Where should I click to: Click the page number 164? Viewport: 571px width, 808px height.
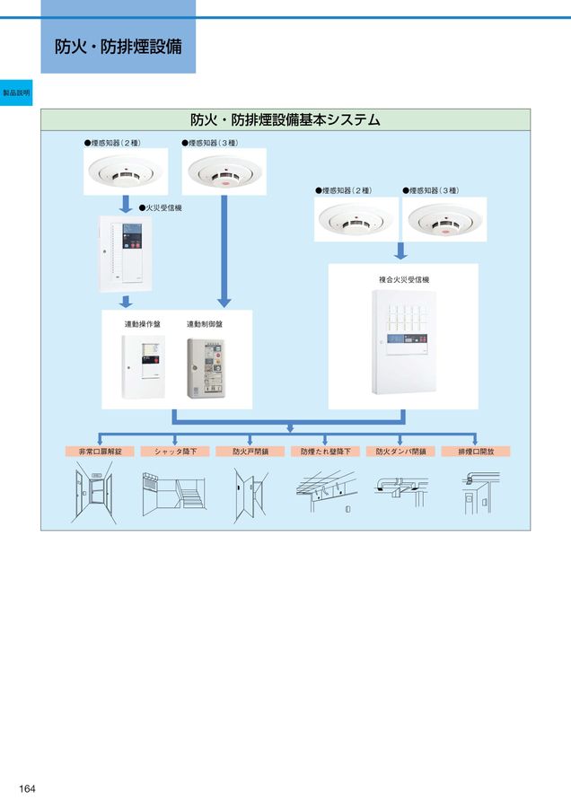(x=27, y=788)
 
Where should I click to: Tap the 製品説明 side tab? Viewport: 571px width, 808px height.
(x=16, y=92)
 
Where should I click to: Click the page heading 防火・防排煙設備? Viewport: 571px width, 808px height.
(x=118, y=46)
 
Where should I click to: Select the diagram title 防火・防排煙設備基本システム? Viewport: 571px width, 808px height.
(x=285, y=119)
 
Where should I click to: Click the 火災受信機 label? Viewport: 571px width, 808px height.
(x=161, y=207)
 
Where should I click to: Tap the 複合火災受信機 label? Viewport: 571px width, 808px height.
(x=403, y=280)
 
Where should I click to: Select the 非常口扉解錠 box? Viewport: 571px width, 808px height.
(x=100, y=452)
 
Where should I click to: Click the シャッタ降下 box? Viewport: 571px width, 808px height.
(x=175, y=452)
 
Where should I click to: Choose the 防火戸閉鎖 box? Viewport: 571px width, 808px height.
(x=250, y=452)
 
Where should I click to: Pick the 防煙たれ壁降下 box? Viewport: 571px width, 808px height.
(x=326, y=452)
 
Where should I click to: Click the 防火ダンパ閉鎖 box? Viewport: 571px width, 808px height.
(x=400, y=452)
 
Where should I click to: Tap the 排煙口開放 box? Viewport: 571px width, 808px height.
(x=476, y=452)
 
